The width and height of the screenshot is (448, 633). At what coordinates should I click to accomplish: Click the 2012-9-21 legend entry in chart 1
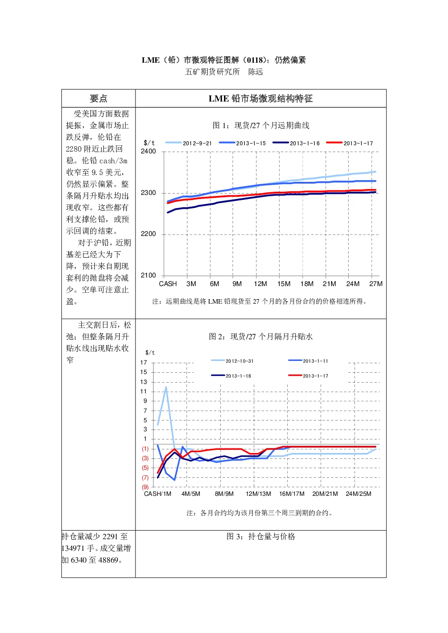click(x=189, y=143)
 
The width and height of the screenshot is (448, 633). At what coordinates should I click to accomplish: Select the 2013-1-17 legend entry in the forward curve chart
click(x=350, y=143)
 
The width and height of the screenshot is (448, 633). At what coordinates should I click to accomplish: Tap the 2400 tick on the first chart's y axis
click(x=148, y=152)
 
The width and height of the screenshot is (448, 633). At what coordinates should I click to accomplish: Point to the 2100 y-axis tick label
click(x=148, y=275)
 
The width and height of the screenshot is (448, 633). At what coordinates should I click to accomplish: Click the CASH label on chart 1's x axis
click(x=168, y=284)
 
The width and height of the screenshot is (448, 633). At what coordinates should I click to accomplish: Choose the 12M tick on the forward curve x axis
click(x=260, y=284)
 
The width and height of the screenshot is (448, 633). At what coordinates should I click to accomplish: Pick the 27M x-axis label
click(x=376, y=284)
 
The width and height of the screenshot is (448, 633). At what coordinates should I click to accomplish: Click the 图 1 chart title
click(x=261, y=125)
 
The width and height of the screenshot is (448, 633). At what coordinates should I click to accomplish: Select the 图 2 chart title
click(x=261, y=337)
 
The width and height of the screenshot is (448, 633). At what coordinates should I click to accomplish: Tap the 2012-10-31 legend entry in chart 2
click(x=232, y=361)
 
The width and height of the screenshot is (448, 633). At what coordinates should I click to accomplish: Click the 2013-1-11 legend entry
click(x=308, y=361)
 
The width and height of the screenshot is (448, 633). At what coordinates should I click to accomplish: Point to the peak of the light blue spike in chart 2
click(x=166, y=387)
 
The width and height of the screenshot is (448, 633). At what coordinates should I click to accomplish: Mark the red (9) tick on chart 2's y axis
click(x=145, y=487)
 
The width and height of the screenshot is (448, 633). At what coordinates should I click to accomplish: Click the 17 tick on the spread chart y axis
click(x=144, y=363)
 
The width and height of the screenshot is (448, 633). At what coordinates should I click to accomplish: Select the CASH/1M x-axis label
click(x=158, y=494)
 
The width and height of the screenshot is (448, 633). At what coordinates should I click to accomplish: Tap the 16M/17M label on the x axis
click(x=292, y=494)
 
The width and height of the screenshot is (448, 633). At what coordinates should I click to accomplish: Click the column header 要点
click(x=98, y=98)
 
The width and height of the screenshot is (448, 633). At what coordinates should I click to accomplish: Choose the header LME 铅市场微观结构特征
click(x=261, y=98)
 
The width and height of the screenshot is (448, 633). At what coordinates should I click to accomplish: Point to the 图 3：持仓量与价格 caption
click(x=261, y=536)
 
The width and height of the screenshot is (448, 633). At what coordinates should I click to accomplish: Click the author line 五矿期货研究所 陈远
click(x=224, y=72)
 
